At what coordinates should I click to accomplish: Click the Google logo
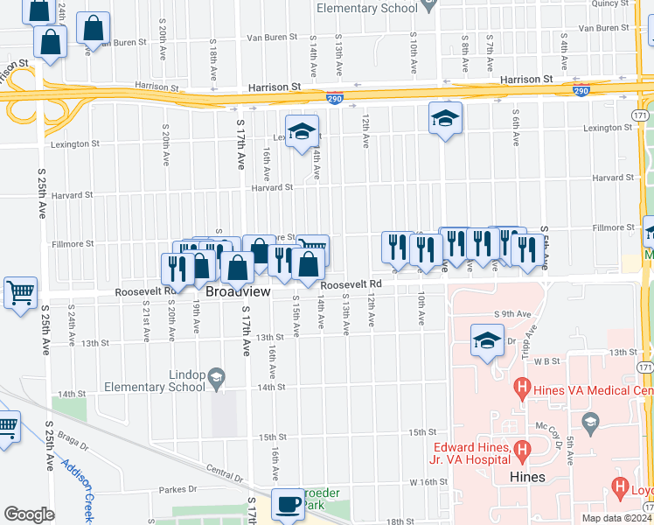[29, 514]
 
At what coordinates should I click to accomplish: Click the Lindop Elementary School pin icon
[215, 379]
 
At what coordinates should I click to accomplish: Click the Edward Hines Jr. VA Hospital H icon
[523, 451]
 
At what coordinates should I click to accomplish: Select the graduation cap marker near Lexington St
[303, 131]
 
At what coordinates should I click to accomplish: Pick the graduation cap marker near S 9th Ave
[487, 340]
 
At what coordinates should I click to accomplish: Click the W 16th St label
[428, 482]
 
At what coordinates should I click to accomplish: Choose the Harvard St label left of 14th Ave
[272, 187]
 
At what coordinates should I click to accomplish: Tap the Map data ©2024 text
[617, 518]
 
